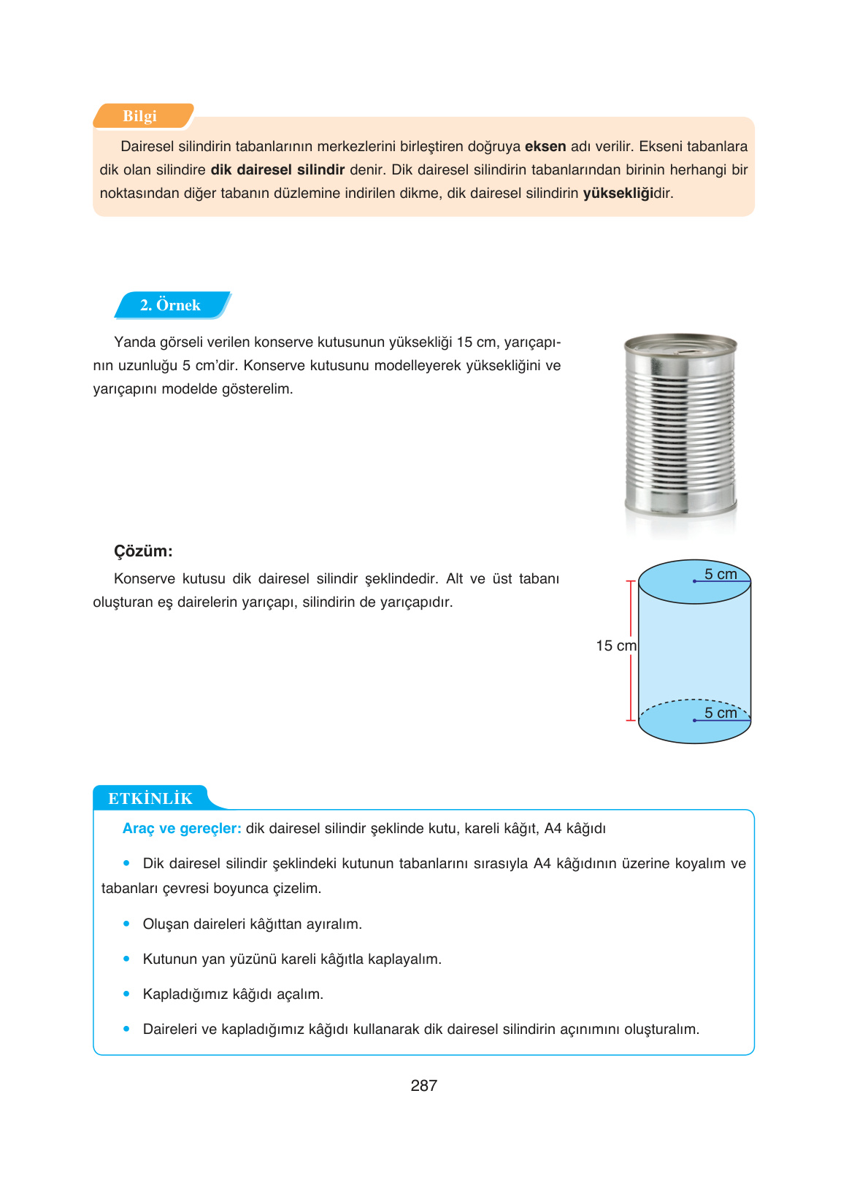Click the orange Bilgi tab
pyautogui.click(x=140, y=116)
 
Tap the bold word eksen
pyautogui.click(x=545, y=147)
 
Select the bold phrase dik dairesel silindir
pyautogui.click(x=277, y=170)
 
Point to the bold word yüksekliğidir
pyautogui.click(x=627, y=194)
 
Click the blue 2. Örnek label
pyautogui.click(x=171, y=305)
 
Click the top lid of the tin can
pyautogui.click(x=680, y=344)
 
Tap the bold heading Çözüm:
pyautogui.click(x=143, y=551)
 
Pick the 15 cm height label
pyautogui.click(x=615, y=645)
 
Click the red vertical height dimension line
pyautogui.click(x=631, y=651)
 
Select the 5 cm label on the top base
pyautogui.click(x=721, y=574)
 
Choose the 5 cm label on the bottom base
pyautogui.click(x=721, y=713)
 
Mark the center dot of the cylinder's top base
pyautogui.click(x=694, y=581)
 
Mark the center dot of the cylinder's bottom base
pyautogui.click(x=694, y=721)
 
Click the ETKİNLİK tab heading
pyautogui.click(x=150, y=799)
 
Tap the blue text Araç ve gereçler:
pyautogui.click(x=182, y=829)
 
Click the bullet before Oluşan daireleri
pyautogui.click(x=126, y=924)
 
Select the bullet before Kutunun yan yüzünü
pyautogui.click(x=126, y=959)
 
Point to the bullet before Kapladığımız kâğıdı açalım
pyautogui.click(x=126, y=994)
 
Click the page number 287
pyautogui.click(x=423, y=1086)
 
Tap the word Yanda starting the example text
pyautogui.click(x=131, y=342)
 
